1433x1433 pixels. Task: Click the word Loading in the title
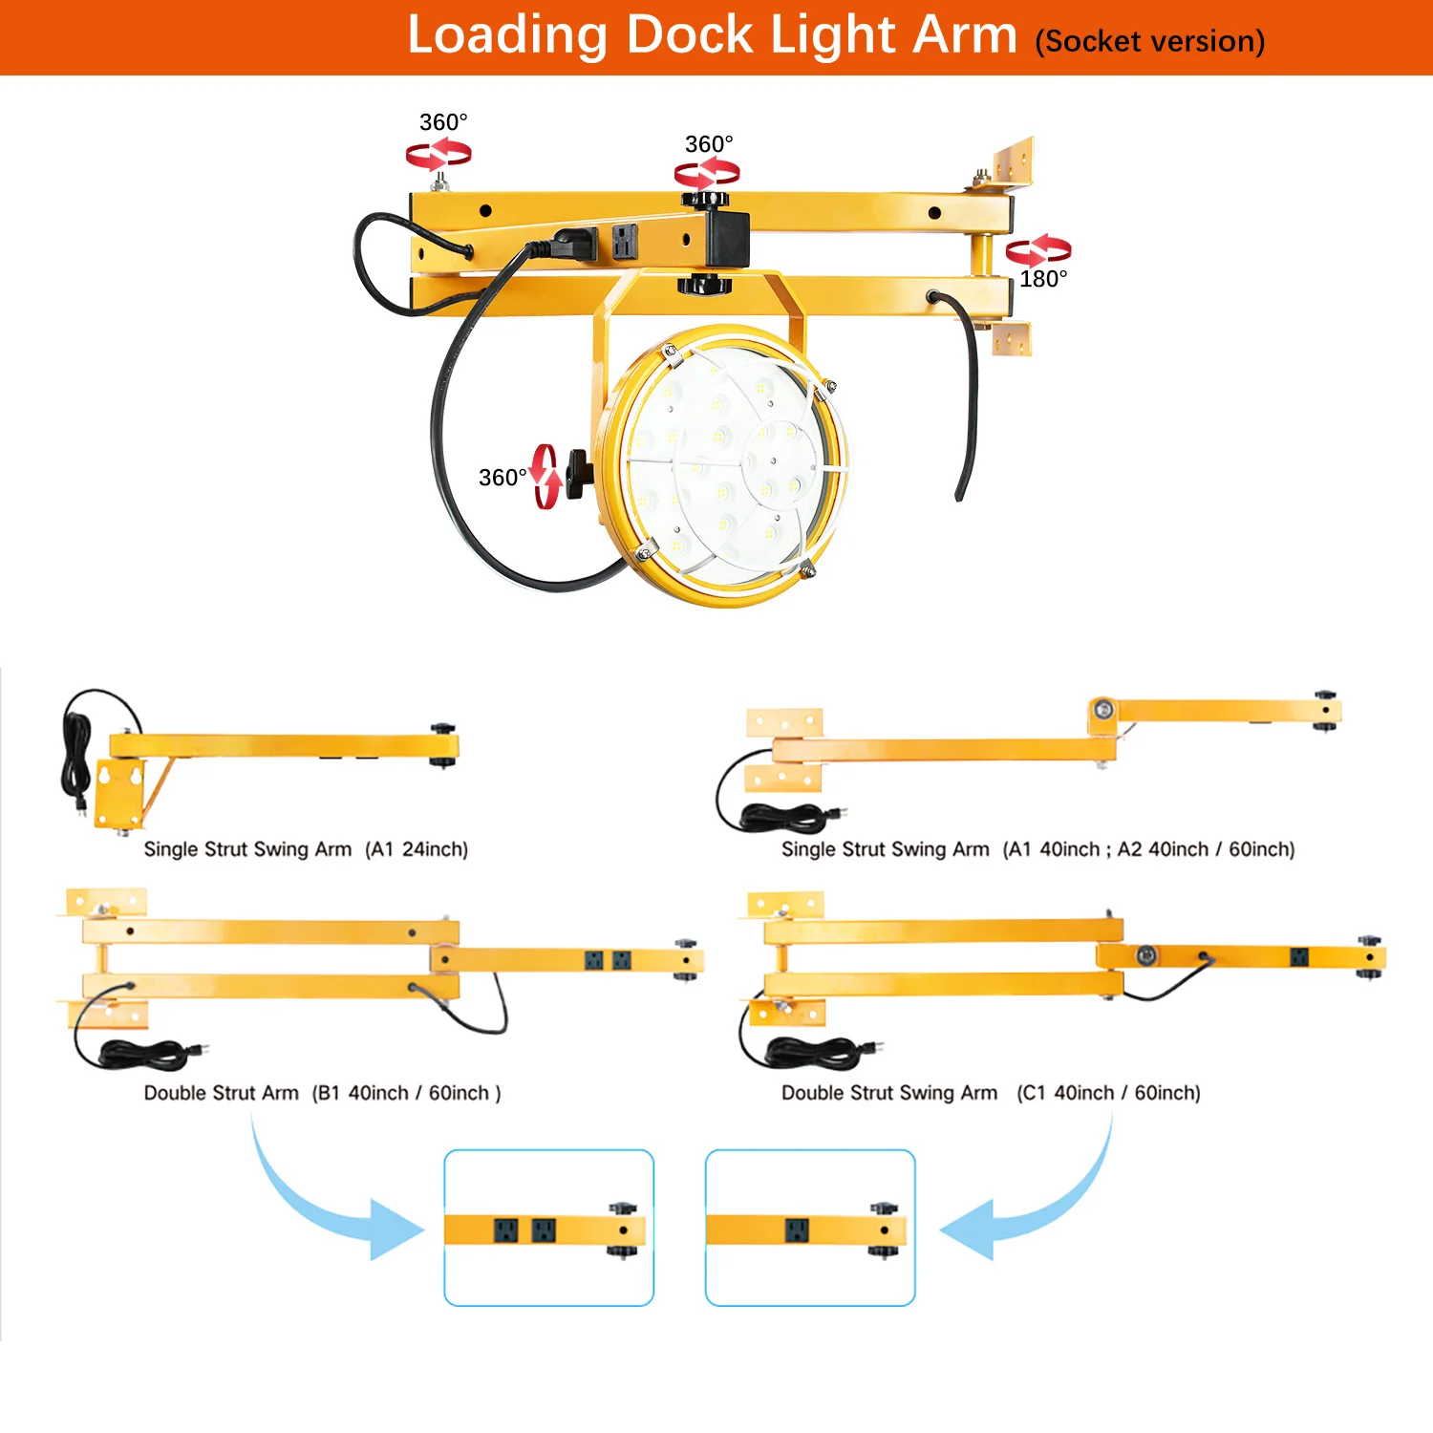click(x=507, y=36)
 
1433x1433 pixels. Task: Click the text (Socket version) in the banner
click(x=1149, y=42)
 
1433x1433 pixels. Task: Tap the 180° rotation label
click(x=1043, y=279)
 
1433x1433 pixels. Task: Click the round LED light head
click(x=724, y=465)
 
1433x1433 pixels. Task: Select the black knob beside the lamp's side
click(x=577, y=473)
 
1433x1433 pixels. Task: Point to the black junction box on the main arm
click(x=728, y=237)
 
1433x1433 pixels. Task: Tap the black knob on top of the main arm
click(x=705, y=200)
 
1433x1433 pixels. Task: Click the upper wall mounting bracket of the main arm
click(x=1013, y=160)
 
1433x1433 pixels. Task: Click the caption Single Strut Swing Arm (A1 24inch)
click(x=306, y=849)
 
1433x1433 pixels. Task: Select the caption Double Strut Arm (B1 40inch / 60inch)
click(x=322, y=1093)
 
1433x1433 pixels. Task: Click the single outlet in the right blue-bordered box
click(x=797, y=1230)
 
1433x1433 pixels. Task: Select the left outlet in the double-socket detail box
click(x=505, y=1230)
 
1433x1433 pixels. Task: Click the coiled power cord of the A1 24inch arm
click(x=76, y=755)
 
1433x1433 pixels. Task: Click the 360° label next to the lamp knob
click(x=503, y=478)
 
